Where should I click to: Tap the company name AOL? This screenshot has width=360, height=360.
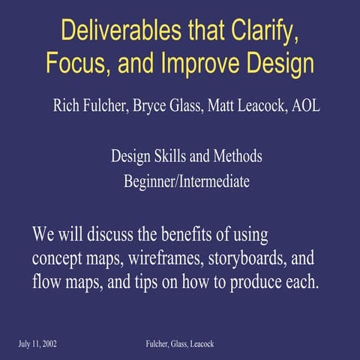coord(304,105)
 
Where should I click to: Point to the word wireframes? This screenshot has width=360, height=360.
coord(150,259)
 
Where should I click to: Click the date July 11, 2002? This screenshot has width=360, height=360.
coord(38,343)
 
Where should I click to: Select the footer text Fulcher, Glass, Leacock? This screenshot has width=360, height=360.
coord(180,343)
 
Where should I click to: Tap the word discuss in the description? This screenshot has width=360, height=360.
coord(105,235)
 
